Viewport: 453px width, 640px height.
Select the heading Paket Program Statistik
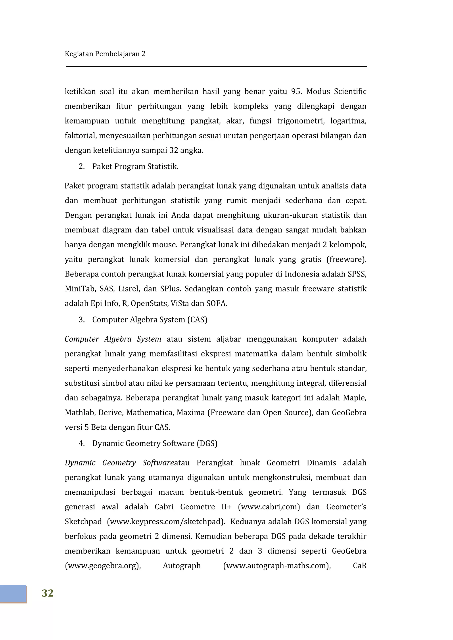pos(135,166)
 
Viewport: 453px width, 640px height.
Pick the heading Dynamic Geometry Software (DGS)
pos(155,443)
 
